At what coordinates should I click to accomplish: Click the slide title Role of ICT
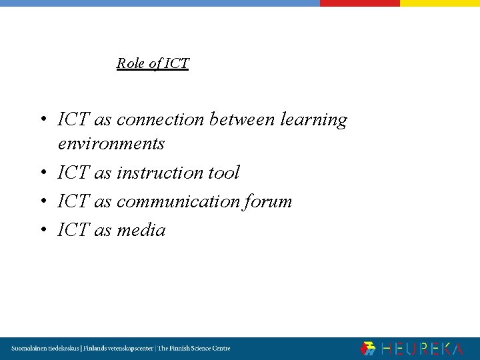tap(153, 63)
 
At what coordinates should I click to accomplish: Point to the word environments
tap(111, 143)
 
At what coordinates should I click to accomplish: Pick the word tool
tap(223, 173)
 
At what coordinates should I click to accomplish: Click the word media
tap(141, 230)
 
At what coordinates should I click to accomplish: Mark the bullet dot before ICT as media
tap(42, 231)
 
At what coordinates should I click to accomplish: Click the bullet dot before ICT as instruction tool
tap(42, 173)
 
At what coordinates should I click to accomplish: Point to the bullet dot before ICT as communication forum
tap(42, 202)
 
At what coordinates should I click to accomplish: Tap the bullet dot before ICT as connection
tap(42, 121)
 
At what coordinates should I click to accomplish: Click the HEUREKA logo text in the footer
tap(422, 349)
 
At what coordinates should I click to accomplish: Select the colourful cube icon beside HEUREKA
tap(368, 349)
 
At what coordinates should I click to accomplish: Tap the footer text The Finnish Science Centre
tap(194, 349)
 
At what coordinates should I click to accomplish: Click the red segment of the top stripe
tap(359, 3)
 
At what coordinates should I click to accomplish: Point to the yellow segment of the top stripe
tap(439, 3)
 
